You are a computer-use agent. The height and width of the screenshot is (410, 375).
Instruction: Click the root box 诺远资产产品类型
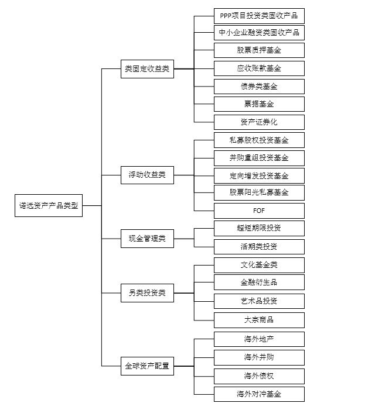point(49,206)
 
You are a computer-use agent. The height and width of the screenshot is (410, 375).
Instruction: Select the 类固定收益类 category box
point(147,69)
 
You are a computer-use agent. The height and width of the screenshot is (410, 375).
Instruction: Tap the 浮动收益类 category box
point(147,175)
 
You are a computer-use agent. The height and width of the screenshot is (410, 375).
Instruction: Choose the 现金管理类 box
point(147,239)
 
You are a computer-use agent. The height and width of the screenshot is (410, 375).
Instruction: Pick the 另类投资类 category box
point(147,292)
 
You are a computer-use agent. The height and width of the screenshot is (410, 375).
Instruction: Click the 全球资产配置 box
point(147,366)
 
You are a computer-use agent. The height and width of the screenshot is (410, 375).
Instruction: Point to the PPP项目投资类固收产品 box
point(259,15)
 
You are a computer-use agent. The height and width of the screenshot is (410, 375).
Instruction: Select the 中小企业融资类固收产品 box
point(259,32)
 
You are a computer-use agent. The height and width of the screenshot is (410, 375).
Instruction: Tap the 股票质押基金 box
point(259,50)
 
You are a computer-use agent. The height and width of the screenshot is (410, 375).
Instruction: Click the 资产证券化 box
point(259,122)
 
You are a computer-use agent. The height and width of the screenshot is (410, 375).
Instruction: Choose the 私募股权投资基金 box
point(259,140)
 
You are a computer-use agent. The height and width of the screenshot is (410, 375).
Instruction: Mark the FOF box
point(259,211)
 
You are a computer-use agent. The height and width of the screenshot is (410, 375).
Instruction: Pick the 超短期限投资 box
point(259,228)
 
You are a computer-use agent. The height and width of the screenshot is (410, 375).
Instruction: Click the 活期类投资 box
point(259,246)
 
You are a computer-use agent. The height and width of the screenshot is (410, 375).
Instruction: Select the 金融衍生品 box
point(259,282)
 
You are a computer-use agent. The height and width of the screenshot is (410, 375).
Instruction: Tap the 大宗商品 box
point(259,320)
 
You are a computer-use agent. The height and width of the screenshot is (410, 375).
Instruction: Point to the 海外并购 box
point(259,357)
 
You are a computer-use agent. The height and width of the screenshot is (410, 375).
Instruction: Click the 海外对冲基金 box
point(259,394)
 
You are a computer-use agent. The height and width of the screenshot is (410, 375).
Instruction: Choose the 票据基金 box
point(259,104)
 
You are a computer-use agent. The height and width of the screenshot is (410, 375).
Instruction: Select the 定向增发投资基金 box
point(259,175)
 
